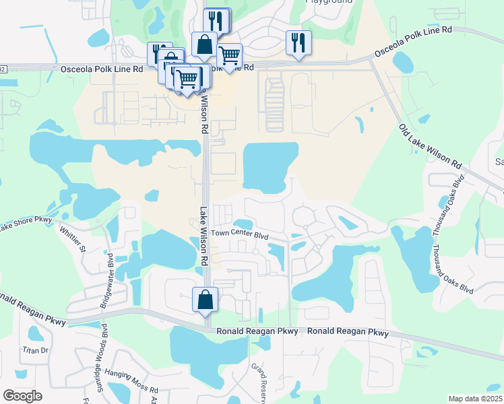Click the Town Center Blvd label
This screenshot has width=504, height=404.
point(239,235)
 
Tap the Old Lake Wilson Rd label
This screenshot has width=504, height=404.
point(430,147)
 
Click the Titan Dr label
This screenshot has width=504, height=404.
point(36,350)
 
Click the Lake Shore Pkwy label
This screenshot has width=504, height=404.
point(26,224)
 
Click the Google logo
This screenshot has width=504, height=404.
point(22,396)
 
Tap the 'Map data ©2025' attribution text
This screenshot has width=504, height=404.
point(475,399)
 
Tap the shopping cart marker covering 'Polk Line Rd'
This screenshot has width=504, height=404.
point(229,55)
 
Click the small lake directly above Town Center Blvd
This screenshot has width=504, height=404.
point(243,224)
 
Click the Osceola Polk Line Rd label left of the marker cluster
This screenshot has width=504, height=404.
point(101,69)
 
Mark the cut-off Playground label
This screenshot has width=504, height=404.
point(329,2)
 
